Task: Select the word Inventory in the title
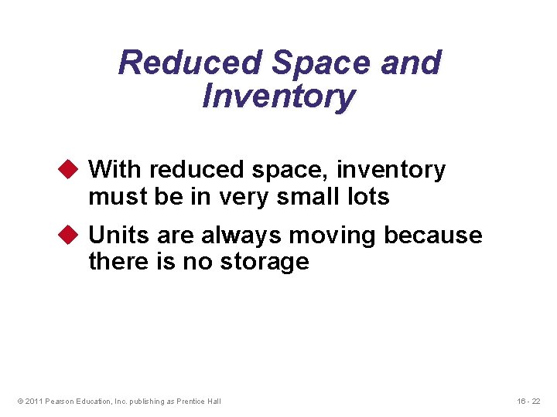click(x=278, y=97)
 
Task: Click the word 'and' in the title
click(x=410, y=63)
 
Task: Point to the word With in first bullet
click(x=116, y=169)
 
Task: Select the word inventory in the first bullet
click(x=391, y=170)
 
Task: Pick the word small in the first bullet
click(x=298, y=196)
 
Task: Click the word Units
click(x=117, y=235)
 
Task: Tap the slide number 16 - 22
click(x=528, y=401)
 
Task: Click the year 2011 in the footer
click(x=33, y=401)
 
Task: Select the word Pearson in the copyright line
click(x=60, y=401)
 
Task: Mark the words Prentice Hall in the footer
click(x=199, y=401)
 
